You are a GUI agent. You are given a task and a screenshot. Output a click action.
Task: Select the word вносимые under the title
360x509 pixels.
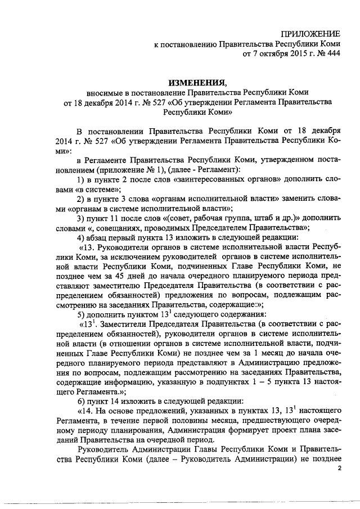104,92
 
